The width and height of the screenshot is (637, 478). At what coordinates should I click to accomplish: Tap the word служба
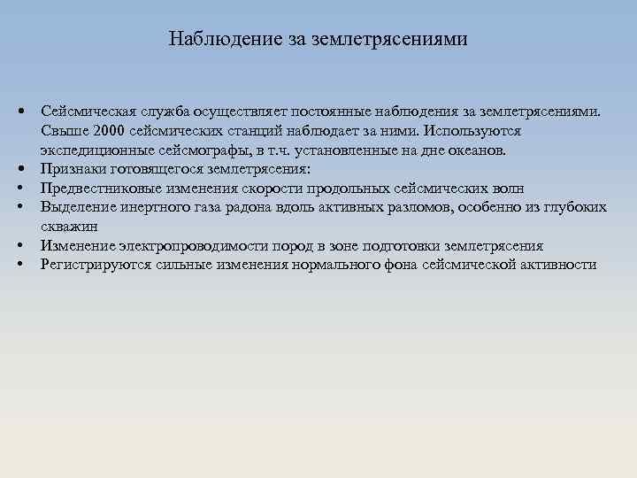pos(156,112)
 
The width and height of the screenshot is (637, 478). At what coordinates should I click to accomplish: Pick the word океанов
pos(479,150)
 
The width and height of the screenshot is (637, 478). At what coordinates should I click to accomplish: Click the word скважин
pos(69,226)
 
